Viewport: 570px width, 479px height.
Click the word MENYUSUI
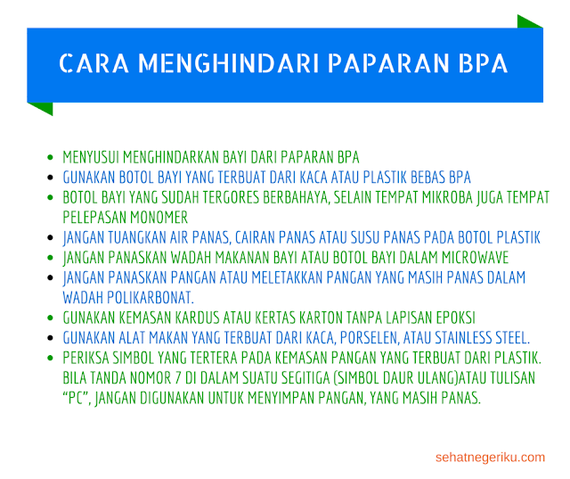[91, 156]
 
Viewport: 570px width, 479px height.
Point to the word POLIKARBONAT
[147, 297]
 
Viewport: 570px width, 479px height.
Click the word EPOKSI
[452, 318]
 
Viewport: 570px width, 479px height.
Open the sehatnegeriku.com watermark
[490, 458]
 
